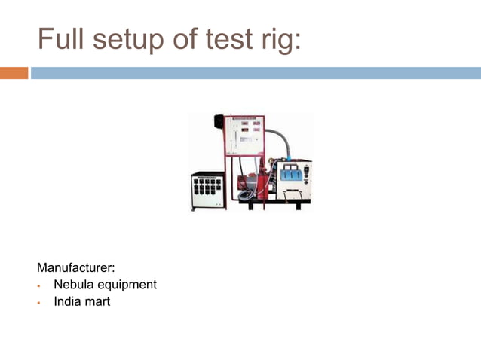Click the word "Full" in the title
pyautogui.click(x=62, y=39)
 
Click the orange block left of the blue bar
pyautogui.click(x=14, y=73)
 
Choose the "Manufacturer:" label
pyautogui.click(x=75, y=267)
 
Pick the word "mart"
pyautogui.click(x=98, y=302)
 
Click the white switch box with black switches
pyautogui.click(x=207, y=190)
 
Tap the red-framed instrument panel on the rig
pyautogui.click(x=246, y=136)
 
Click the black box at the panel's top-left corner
pyautogui.click(x=219, y=122)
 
